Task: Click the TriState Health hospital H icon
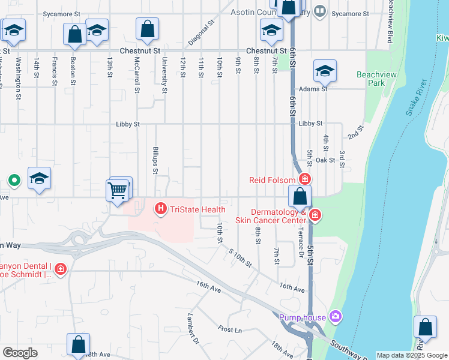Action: click(161, 209)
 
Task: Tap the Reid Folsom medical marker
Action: click(306, 179)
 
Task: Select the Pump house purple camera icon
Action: click(335, 316)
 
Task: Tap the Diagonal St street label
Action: click(201, 33)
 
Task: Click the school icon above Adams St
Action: click(325, 71)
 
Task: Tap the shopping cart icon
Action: click(117, 190)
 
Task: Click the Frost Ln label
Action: click(230, 329)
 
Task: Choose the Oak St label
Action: click(325, 160)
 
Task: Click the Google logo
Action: click(20, 353)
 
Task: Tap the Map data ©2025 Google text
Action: click(411, 355)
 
